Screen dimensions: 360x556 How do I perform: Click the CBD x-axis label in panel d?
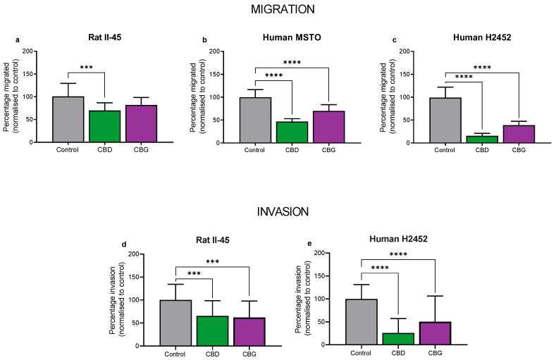point(211,353)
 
